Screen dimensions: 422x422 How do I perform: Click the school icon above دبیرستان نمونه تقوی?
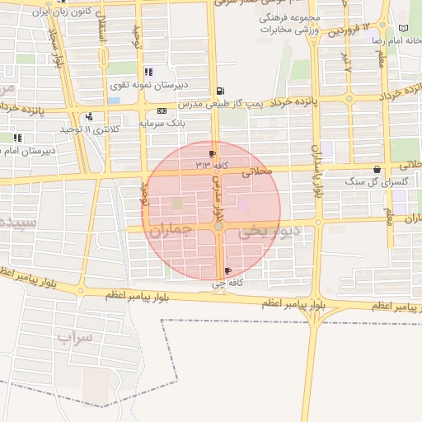tap(148, 72)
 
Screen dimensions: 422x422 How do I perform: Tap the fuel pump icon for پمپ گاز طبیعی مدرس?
tap(218, 91)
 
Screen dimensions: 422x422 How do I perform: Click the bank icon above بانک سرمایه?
tap(161, 110)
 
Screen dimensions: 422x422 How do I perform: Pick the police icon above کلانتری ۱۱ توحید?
tap(89, 116)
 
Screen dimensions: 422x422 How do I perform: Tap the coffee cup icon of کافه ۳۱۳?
tap(213, 153)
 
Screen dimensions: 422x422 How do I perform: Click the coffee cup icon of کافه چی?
tap(227, 271)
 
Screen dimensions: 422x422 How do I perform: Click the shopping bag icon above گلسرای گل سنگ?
tap(377, 168)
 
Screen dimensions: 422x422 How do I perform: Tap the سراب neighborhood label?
tap(77, 336)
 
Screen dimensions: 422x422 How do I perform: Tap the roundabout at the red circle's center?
tap(218, 225)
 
